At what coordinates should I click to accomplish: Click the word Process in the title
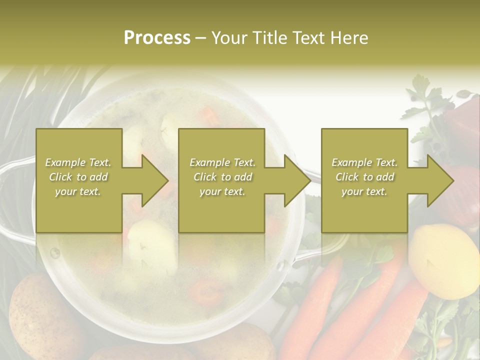(x=157, y=38)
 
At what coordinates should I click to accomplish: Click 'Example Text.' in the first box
(x=78, y=162)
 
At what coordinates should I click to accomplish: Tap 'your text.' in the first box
(x=78, y=191)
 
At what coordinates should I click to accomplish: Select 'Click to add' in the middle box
(x=222, y=177)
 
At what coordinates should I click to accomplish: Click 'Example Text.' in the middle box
(x=222, y=162)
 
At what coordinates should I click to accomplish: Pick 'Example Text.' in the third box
(x=364, y=162)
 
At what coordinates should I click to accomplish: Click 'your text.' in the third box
(x=364, y=191)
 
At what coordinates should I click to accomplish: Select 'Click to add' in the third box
(x=364, y=177)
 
